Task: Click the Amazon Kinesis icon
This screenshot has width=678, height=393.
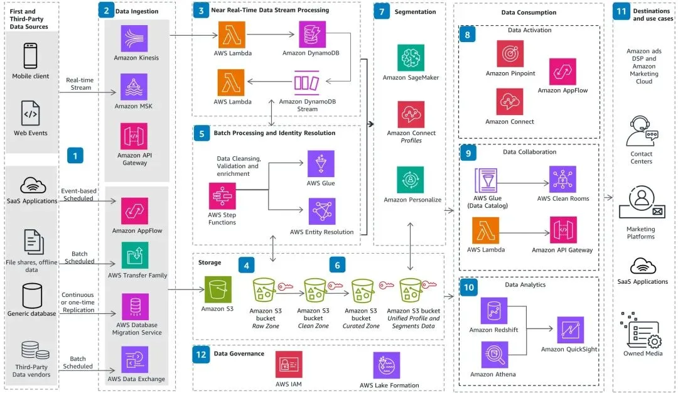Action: [134, 38]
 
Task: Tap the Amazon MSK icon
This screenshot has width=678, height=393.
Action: [134, 87]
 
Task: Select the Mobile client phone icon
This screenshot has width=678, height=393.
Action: [30, 56]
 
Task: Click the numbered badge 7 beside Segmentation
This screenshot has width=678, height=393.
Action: [382, 12]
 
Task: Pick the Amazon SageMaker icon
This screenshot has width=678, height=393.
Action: [411, 58]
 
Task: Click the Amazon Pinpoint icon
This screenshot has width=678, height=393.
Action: [510, 53]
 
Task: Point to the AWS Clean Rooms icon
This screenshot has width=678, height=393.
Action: [562, 179]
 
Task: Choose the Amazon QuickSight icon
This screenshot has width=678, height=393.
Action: [570, 330]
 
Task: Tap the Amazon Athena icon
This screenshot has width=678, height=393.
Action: [495, 355]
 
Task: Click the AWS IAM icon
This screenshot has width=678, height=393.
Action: [289, 365]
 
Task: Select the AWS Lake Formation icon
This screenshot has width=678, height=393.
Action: [387, 365]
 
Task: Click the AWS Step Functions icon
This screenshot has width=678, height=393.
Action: [222, 196]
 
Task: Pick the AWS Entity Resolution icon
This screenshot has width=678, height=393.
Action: [321, 212]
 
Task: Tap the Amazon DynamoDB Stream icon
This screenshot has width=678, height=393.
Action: [306, 83]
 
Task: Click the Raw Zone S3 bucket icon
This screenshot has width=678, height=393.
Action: [264, 290]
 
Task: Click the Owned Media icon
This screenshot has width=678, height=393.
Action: [641, 330]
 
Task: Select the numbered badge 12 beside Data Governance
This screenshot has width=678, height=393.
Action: [201, 355]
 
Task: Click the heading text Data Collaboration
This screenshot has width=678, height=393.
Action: [529, 152]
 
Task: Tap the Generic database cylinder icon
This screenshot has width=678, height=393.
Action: [32, 296]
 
